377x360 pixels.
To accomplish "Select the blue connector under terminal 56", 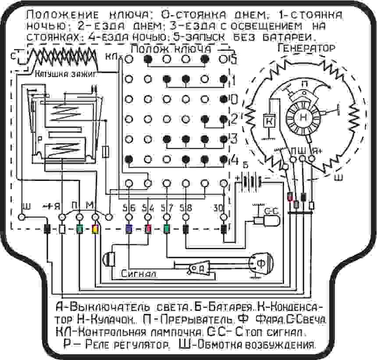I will pyautogui.click(x=129, y=229).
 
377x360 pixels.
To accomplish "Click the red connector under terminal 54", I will pyautogui.click(x=148, y=229).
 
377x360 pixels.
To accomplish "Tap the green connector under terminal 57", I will pyautogui.click(x=167, y=229).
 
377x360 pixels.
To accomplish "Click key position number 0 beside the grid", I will pyautogui.click(x=234, y=99).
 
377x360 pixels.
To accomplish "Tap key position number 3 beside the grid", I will pyautogui.click(x=234, y=138).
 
